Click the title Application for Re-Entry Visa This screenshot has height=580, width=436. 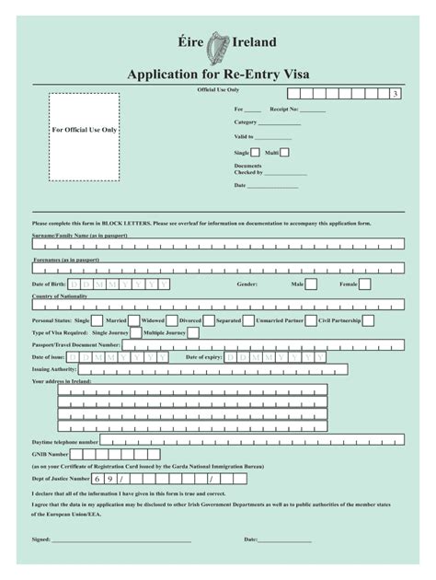point(218,75)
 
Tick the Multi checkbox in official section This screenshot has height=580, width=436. point(285,153)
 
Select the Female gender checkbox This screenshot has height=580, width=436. point(365,285)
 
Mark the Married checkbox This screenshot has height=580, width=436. point(135,319)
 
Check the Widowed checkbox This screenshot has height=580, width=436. point(172,319)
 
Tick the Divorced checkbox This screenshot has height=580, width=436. point(210,319)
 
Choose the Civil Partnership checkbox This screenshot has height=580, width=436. point(367,319)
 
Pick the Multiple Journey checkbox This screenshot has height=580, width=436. point(194,332)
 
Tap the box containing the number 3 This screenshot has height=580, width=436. point(396,95)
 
